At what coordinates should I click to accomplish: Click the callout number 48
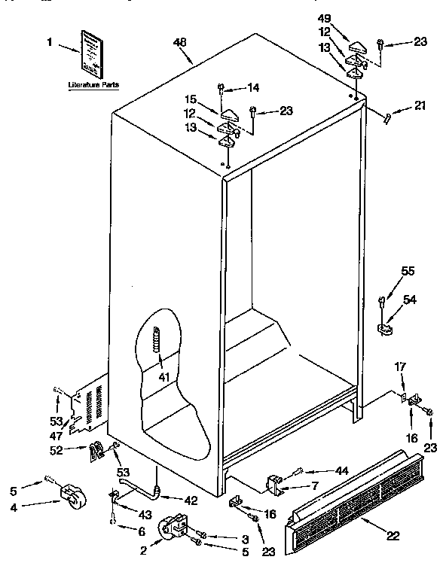pyautogui.click(x=179, y=43)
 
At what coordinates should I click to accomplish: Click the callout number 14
pyautogui.click(x=253, y=87)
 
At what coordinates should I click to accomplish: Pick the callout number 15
pyautogui.click(x=191, y=98)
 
